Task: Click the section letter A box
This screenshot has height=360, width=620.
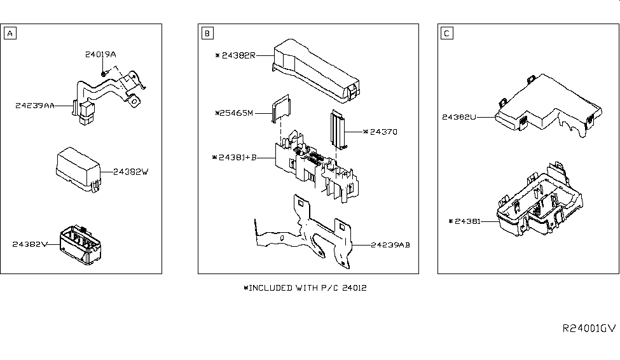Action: click(x=10, y=33)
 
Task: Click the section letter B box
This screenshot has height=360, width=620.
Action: click(x=207, y=33)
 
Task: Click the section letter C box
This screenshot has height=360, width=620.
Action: click(x=447, y=33)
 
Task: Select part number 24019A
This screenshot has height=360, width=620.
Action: click(x=100, y=55)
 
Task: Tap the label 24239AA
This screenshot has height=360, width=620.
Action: click(x=35, y=106)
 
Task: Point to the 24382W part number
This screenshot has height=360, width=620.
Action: click(x=131, y=172)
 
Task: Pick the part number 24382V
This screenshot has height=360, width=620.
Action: click(x=30, y=244)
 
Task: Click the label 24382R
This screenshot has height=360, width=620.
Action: click(x=236, y=55)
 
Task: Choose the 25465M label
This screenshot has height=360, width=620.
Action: click(x=234, y=113)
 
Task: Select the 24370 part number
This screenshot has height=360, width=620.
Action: click(x=380, y=132)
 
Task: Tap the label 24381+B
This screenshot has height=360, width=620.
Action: click(x=235, y=158)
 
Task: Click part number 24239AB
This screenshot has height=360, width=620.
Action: click(x=390, y=245)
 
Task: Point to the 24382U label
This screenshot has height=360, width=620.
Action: click(x=459, y=117)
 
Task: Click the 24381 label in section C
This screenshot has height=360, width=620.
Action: click(x=465, y=221)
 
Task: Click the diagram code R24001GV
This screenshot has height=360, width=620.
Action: click(x=589, y=328)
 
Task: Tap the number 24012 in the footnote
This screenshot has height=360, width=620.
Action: click(x=354, y=288)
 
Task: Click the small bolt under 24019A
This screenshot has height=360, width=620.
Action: click(x=103, y=74)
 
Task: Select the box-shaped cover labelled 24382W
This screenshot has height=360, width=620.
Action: click(x=78, y=169)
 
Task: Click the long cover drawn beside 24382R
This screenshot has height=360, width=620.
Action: click(x=315, y=71)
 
